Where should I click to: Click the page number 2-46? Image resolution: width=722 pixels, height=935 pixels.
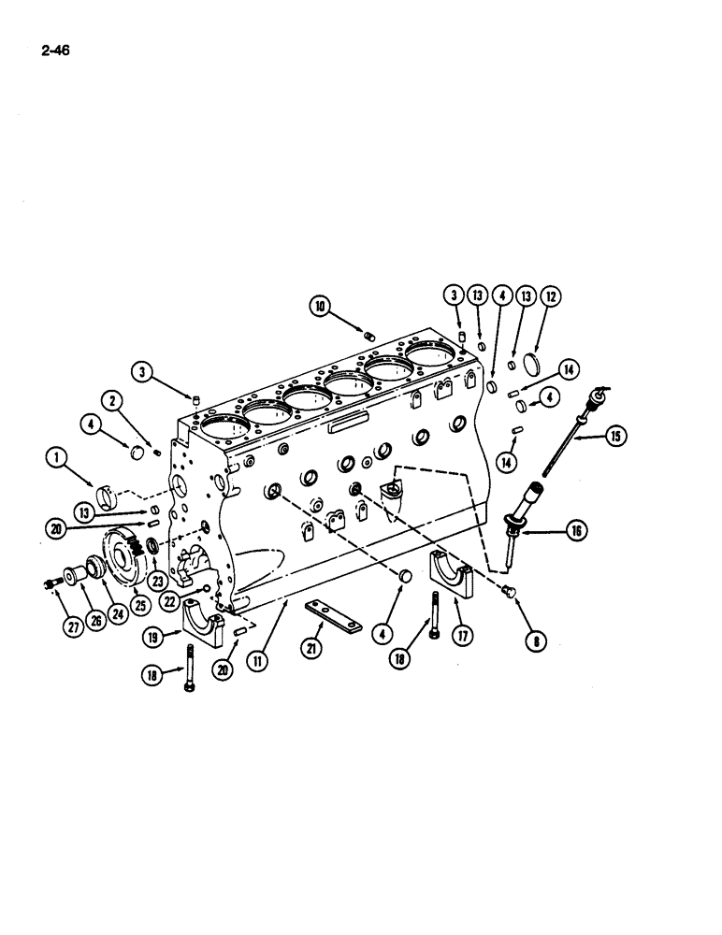tap(56, 41)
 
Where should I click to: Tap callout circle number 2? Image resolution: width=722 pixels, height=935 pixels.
tap(114, 402)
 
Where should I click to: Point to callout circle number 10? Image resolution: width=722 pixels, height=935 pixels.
tap(320, 305)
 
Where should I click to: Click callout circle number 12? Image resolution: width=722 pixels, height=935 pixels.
tap(550, 297)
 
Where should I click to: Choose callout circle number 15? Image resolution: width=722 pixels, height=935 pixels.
tap(615, 435)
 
